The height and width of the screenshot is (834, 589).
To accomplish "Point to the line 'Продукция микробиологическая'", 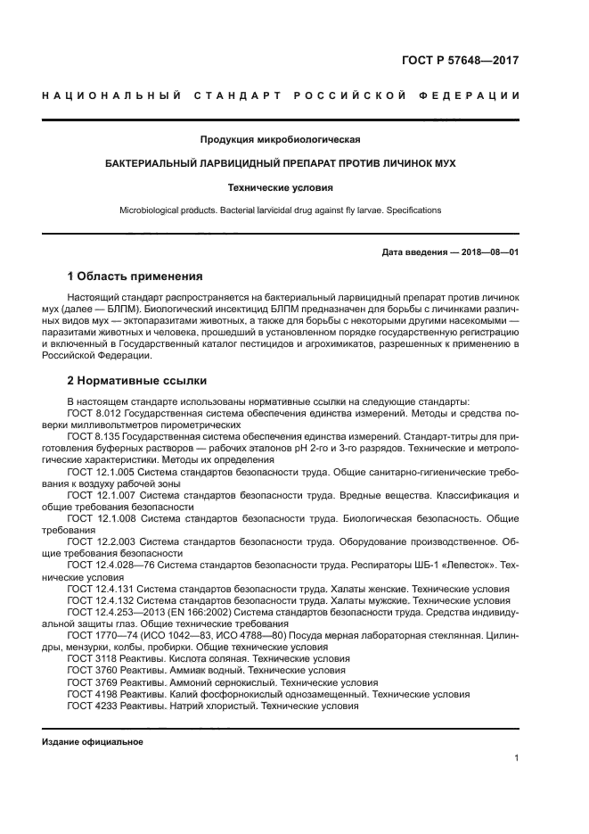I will coord(281,139).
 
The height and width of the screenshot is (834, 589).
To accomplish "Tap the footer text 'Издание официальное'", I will coord(93,742).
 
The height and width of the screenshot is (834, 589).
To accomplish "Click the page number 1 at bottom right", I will coord(516,758).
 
